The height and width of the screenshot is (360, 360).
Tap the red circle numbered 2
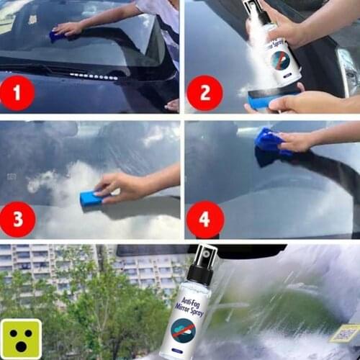coord(204,93)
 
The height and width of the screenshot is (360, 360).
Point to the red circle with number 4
coord(204,217)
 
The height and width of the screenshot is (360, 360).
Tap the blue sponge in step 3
coord(91,198)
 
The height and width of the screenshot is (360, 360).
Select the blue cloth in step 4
coord(269,141)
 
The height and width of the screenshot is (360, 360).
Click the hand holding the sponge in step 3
coord(122,186)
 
